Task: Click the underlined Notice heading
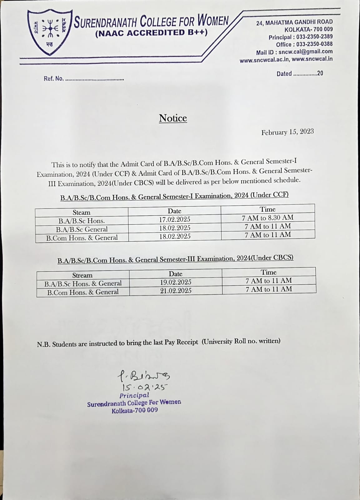(x=173, y=118)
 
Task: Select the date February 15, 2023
(x=287, y=132)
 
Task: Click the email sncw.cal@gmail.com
(x=305, y=52)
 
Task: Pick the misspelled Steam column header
(x=81, y=212)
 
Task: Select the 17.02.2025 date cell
(x=175, y=219)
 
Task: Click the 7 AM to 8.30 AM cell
(x=268, y=218)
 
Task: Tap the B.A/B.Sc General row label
(x=81, y=229)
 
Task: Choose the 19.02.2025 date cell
(x=175, y=282)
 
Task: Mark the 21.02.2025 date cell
(x=176, y=291)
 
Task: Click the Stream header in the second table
(x=82, y=275)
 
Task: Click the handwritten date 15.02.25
(x=145, y=388)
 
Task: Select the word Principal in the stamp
(x=134, y=395)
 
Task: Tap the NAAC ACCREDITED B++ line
(x=151, y=33)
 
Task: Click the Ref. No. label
(x=53, y=79)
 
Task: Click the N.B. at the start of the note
(x=43, y=345)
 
